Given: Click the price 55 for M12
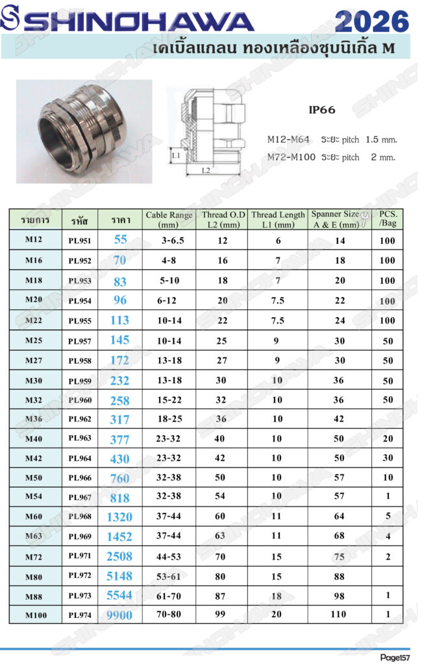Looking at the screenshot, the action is click(121, 240).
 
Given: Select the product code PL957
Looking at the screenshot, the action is click(80, 341).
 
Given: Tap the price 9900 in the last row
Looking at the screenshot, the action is click(119, 615).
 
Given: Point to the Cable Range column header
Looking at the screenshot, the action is click(169, 219).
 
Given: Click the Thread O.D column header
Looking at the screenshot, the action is click(223, 219).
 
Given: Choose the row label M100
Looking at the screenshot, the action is click(36, 615).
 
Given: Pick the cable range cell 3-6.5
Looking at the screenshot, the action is click(173, 241).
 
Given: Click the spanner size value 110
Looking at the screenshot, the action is click(338, 614).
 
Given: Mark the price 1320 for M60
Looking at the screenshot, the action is click(119, 517).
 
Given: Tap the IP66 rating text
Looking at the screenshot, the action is click(322, 110).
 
